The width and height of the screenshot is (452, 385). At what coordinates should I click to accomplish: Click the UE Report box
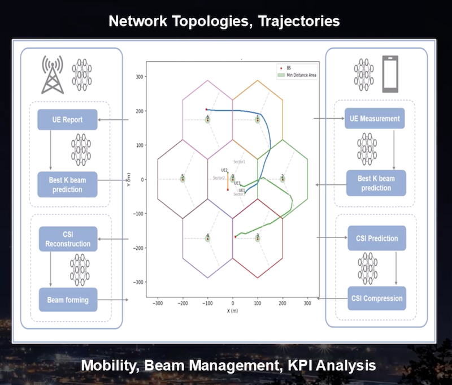tap(68, 120)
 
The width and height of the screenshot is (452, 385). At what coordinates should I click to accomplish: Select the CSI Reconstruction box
tap(68, 239)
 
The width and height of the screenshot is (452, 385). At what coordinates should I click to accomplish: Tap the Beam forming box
tap(68, 299)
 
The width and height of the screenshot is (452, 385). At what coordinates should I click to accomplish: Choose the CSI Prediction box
tap(376, 238)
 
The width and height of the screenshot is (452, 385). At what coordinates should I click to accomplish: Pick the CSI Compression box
tap(376, 298)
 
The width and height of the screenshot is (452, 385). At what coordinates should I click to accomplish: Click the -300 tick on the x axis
tap(158, 303)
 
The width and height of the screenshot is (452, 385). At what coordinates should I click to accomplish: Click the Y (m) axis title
tap(129, 179)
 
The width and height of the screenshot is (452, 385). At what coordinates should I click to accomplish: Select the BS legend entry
tap(290, 67)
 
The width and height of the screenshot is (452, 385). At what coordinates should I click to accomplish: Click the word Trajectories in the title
tap(297, 21)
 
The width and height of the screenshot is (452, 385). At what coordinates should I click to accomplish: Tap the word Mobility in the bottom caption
tap(110, 365)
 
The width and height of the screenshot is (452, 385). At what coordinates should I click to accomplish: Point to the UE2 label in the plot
tap(224, 170)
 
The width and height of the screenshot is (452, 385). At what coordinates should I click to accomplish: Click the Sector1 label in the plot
tap(240, 162)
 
